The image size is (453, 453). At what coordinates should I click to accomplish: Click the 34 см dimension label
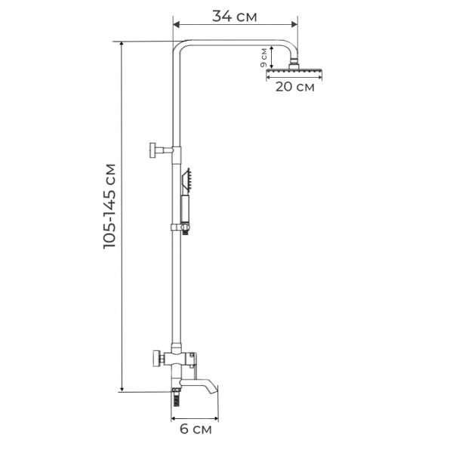(x=234, y=16)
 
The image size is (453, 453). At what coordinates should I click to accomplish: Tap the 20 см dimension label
(x=294, y=87)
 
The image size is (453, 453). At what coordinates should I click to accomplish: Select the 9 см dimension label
(x=263, y=57)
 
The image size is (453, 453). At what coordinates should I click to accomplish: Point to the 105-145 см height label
(x=109, y=205)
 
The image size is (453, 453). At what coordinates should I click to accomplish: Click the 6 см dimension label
(x=196, y=429)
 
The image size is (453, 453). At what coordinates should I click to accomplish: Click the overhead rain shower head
(x=294, y=72)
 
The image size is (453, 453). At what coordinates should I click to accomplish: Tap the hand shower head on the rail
(x=186, y=180)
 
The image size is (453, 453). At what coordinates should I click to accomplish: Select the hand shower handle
(x=185, y=209)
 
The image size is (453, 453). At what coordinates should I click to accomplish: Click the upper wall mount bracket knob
(x=153, y=150)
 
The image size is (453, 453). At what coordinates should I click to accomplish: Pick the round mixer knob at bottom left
(x=157, y=359)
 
